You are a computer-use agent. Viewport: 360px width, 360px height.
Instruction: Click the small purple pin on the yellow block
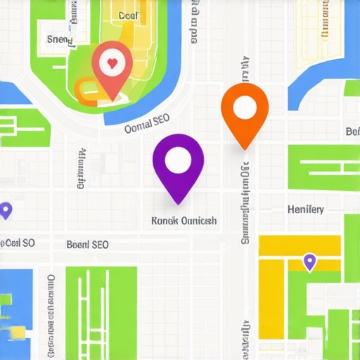pos(308,262)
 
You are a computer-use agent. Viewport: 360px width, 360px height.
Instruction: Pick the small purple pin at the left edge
pos(6,210)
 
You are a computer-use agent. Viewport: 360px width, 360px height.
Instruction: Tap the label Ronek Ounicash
pos(184,221)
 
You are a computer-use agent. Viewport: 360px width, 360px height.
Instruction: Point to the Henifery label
pos(306,209)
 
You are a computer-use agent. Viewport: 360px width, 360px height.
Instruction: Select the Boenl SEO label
pos(87,245)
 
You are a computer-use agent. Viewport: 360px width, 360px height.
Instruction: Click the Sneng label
pos(59,40)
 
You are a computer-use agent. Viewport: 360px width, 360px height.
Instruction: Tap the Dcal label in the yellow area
pos(129,15)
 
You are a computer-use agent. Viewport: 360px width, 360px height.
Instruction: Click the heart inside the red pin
pos(110,63)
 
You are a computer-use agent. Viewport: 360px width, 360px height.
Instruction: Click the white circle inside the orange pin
pos(245,107)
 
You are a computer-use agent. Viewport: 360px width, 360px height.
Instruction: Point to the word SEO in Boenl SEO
pos(100,245)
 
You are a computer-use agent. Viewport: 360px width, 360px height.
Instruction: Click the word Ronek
pos(165,221)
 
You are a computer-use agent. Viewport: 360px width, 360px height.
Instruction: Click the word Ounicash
pos(199,221)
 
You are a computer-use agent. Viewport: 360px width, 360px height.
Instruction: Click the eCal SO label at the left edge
pos(17,243)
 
